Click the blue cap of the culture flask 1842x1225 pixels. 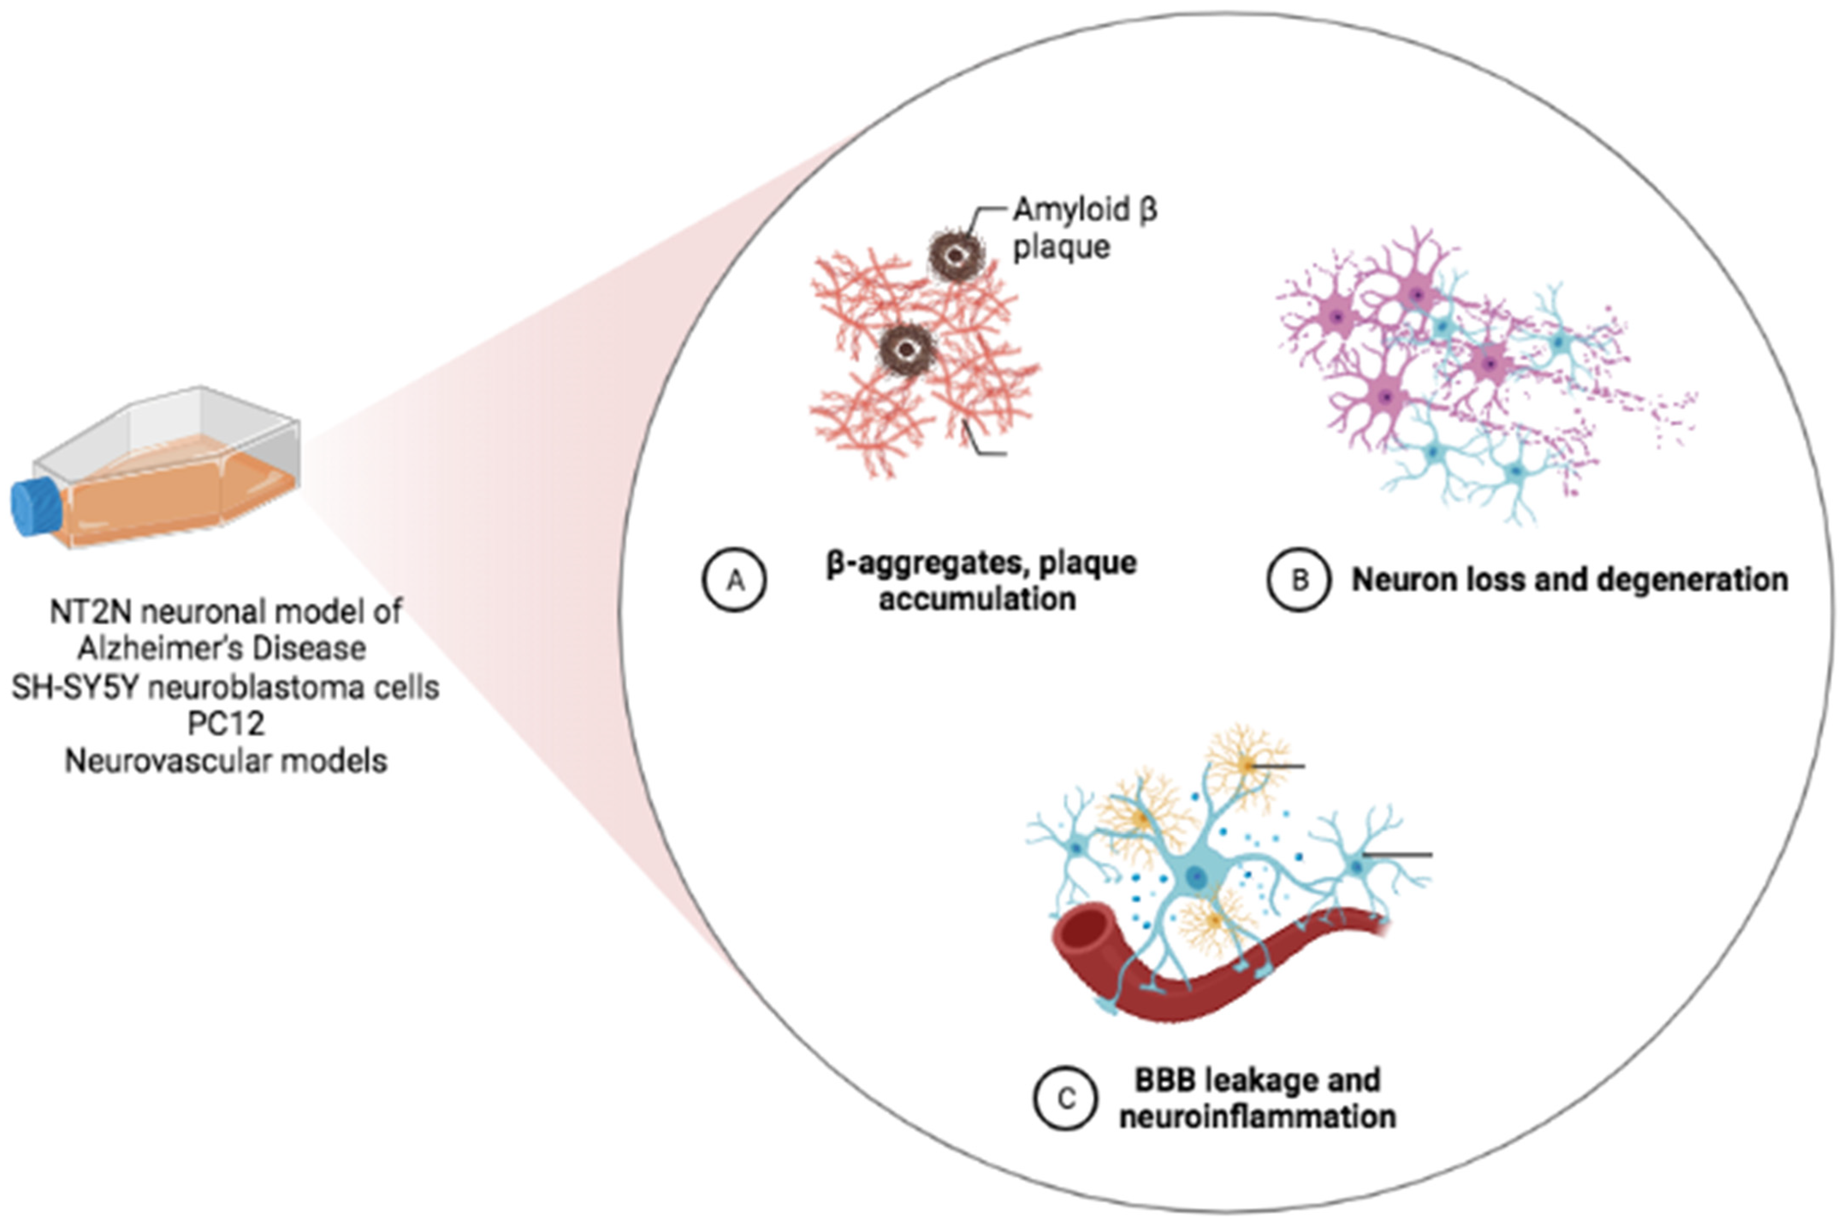point(35,508)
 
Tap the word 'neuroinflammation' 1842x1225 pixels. point(1257,1116)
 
